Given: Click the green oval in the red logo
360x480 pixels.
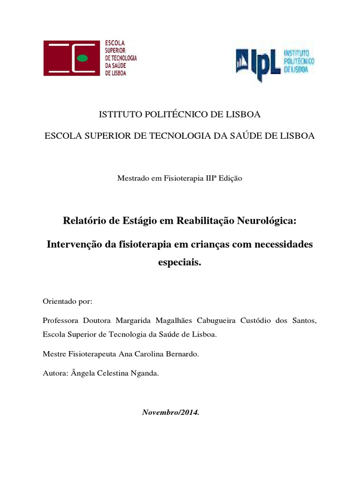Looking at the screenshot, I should coord(82,58).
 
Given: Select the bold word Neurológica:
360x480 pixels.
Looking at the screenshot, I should coord(269,221).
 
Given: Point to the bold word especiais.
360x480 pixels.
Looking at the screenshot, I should coord(180,263).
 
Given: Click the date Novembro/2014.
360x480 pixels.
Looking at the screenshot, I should coord(171,413).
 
